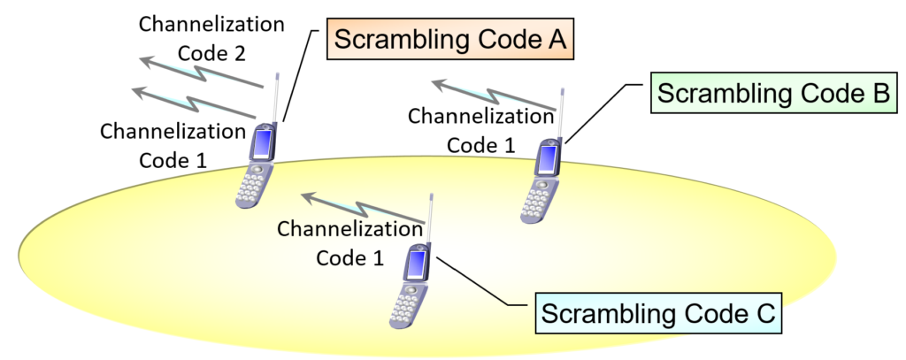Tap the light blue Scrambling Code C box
click(x=658, y=312)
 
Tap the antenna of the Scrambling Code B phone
click(x=560, y=111)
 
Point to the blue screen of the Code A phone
click(x=264, y=142)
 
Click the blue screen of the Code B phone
click(x=548, y=159)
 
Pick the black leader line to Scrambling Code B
click(x=602, y=111)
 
